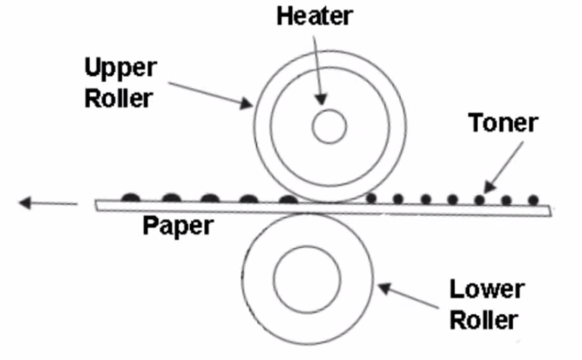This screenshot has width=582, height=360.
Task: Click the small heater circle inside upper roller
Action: tap(329, 127)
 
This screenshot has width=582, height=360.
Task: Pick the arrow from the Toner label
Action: tap(503, 163)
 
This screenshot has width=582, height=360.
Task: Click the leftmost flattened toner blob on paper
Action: tap(132, 199)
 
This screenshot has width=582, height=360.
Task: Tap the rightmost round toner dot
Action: tap(533, 199)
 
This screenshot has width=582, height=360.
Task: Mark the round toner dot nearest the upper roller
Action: tap(371, 199)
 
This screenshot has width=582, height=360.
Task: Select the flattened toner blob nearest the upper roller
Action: tap(287, 199)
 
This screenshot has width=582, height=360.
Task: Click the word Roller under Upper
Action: tap(117, 97)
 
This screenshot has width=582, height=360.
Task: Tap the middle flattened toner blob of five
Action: tap(210, 199)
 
